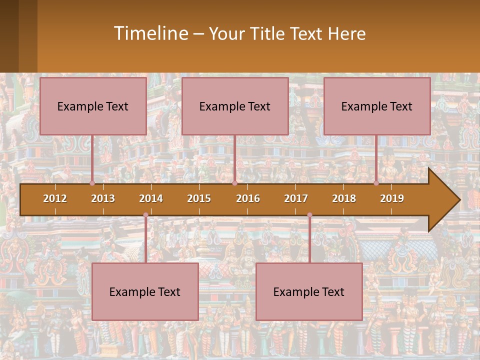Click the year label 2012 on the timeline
point(55,198)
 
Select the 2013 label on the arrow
point(103,198)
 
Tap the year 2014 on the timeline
point(151,198)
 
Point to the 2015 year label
point(199,198)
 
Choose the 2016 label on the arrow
point(248,198)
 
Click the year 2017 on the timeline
point(296,198)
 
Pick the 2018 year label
point(344,198)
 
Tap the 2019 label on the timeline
point(392,198)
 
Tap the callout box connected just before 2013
point(93,106)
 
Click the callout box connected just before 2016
point(235,106)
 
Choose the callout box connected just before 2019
point(377,106)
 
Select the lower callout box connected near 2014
point(145,291)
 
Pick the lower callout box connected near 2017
point(309,291)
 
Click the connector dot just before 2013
point(92,183)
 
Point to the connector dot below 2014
point(145,215)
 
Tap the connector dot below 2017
point(309,215)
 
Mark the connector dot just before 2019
point(376,183)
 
